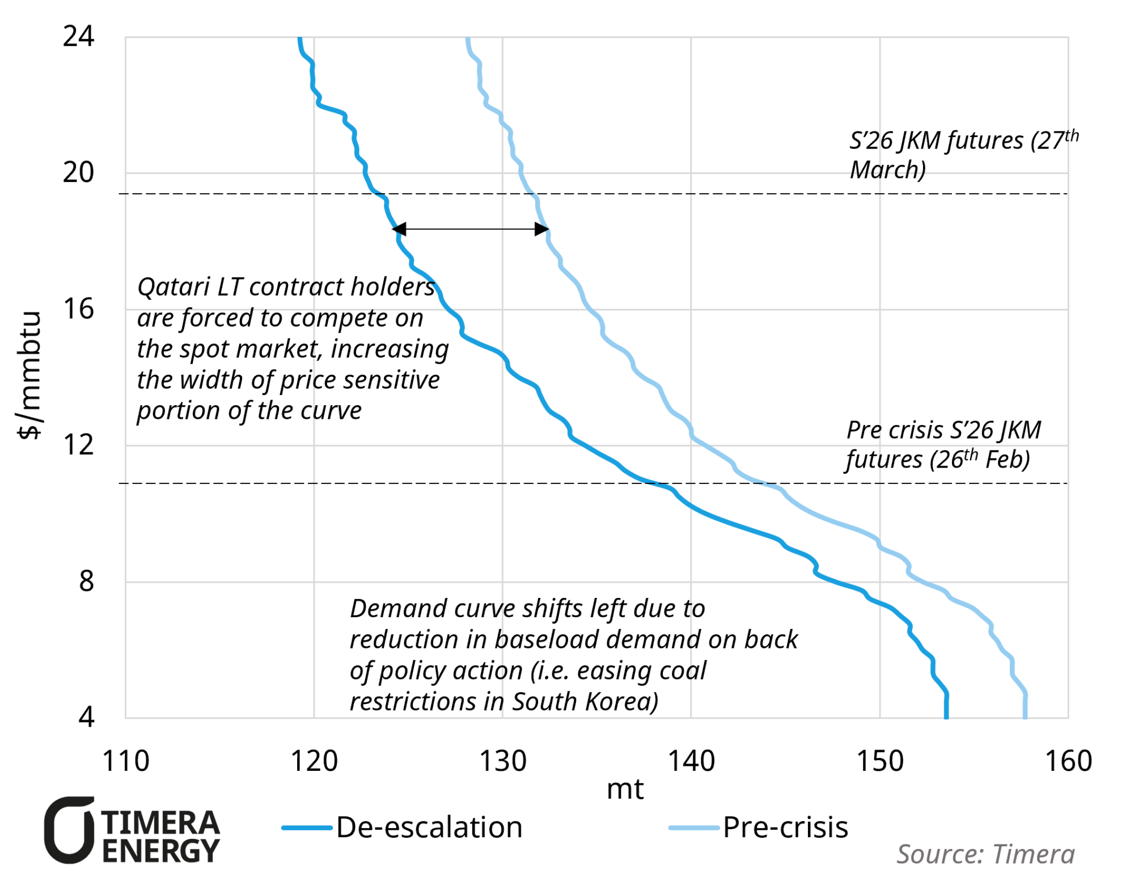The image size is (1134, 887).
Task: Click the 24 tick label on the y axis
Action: [78, 36]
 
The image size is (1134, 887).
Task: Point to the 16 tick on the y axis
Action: [78, 309]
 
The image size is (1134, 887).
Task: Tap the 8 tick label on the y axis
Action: [86, 581]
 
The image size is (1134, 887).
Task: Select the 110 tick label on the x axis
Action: [125, 761]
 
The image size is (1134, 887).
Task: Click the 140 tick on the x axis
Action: [691, 761]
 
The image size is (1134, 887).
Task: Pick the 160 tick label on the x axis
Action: [1068, 761]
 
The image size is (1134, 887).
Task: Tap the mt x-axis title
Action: [625, 789]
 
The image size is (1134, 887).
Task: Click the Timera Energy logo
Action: [132, 830]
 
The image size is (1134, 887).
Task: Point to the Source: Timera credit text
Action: [985, 854]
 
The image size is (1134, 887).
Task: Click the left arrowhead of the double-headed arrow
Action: [399, 229]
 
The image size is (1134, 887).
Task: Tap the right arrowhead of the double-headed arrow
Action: [542, 229]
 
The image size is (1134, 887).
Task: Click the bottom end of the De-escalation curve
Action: [946, 716]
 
